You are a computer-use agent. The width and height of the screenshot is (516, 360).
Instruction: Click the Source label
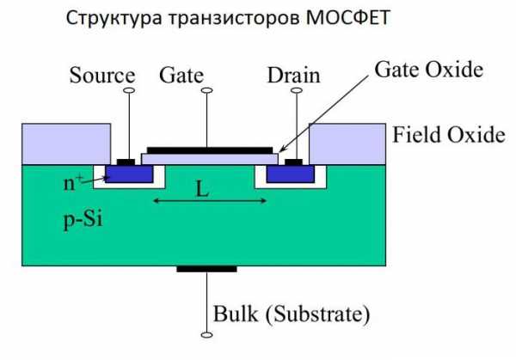point(102,76)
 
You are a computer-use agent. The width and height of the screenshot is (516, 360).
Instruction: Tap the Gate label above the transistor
point(181,76)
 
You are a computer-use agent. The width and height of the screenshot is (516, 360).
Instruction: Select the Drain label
point(292,76)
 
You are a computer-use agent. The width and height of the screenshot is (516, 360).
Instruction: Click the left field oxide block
point(65,143)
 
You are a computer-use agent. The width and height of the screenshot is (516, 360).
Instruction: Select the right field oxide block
point(345,143)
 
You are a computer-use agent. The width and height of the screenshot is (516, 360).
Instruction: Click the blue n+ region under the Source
point(132,175)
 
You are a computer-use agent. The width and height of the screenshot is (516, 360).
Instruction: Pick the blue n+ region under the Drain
point(289,175)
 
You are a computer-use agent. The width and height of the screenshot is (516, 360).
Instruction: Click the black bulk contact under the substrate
point(206,269)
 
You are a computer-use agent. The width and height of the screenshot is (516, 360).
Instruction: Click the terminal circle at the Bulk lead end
point(206,334)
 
